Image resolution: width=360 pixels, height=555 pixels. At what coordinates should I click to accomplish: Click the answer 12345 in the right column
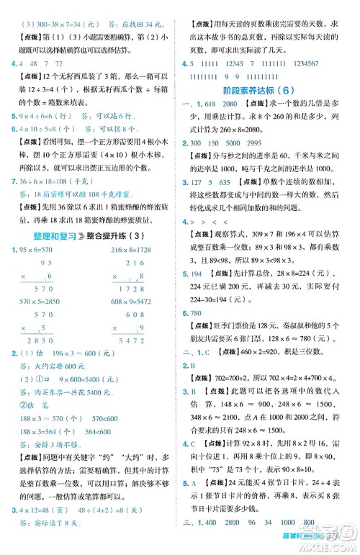250,66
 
